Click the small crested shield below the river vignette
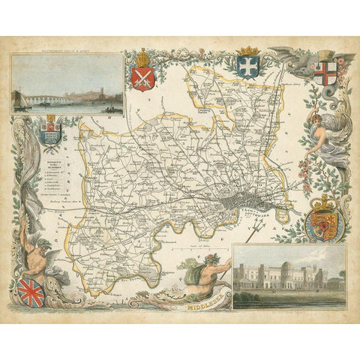[51, 132]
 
